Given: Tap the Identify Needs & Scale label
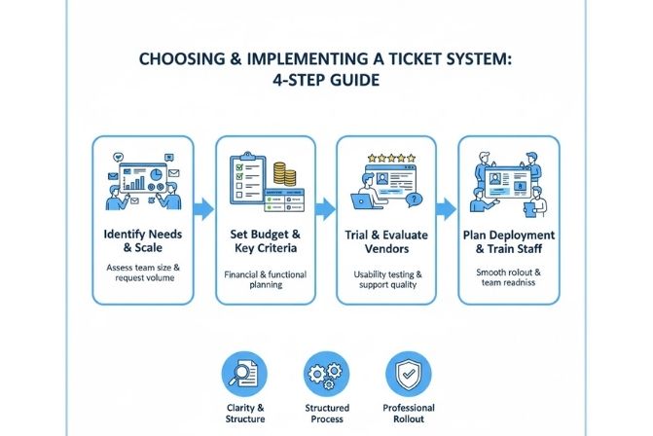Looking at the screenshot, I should pos(143,243).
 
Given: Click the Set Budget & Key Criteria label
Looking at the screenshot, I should pos(266,243).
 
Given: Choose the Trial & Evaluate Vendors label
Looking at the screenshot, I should pos(387,243).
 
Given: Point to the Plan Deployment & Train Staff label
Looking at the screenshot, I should pos(510,243).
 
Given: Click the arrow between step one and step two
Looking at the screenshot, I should pos(203,208).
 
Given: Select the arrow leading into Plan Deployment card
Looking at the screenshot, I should pos(448,208).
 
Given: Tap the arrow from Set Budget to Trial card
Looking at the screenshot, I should pos(326,208).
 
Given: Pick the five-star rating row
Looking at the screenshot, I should pos(386,155).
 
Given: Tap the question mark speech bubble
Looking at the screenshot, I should pos(415,199).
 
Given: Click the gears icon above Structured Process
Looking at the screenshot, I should pos(323,374).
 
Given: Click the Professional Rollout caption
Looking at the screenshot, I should pos(409,415).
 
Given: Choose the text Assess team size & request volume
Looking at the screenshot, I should pos(143,273).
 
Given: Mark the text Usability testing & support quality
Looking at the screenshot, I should pos(387,279).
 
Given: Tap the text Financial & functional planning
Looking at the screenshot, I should pos(266,279).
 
